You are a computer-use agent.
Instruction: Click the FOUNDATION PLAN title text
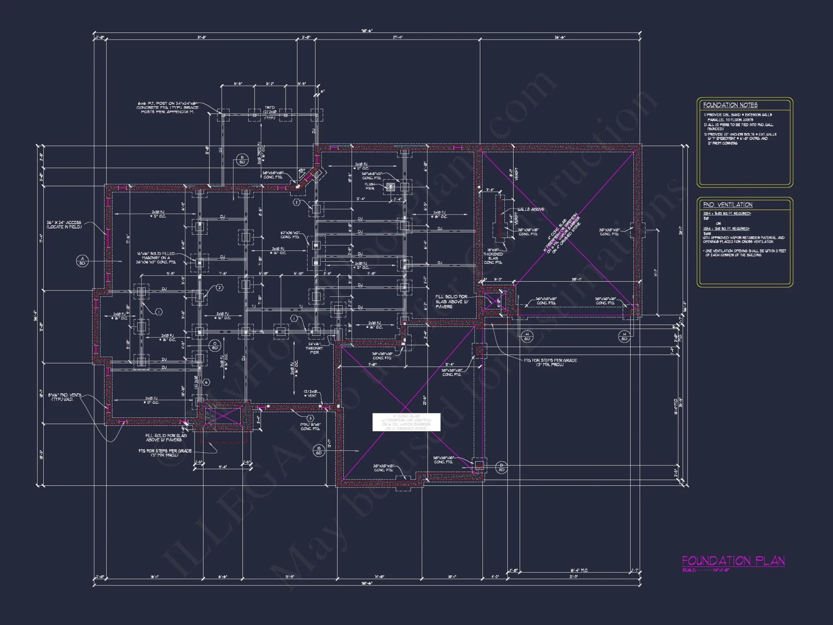pos(733,561)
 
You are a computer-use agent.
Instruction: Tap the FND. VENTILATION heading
pos(728,205)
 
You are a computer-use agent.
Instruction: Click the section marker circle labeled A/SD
pos(82,261)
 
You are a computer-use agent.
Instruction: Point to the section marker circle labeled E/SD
pos(242,160)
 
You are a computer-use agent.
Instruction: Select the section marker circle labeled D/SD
pos(501,467)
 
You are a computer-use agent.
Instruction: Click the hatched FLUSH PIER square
pos(390,187)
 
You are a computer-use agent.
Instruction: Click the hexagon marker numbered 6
pos(206,382)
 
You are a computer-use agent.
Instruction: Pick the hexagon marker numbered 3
pos(310,418)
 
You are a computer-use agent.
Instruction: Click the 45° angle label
pos(302,170)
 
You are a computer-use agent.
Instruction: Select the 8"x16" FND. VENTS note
pos(65,397)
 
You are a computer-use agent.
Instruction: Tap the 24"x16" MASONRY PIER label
pos(314,348)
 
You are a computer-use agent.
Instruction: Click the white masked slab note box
pos(406,422)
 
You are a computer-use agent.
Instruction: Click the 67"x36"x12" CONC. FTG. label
pos(290,235)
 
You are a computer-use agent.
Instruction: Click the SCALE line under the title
pos(706,570)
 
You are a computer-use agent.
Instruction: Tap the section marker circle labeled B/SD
pos(319,451)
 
